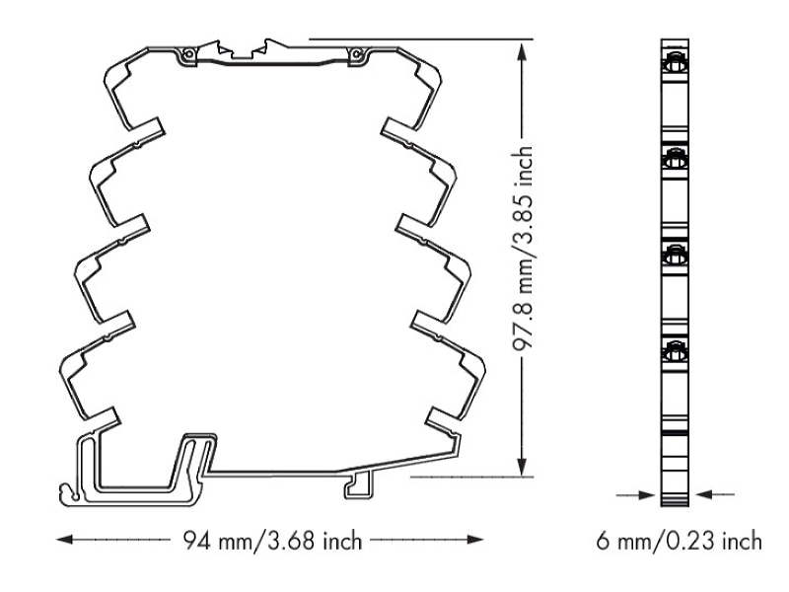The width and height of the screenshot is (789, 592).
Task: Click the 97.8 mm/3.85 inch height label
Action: pos(523,249)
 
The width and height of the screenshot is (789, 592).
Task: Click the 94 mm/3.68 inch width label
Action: pos(272,541)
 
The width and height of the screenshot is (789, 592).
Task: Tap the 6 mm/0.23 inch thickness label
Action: pos(679,541)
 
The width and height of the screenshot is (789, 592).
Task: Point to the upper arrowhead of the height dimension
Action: pos(523,51)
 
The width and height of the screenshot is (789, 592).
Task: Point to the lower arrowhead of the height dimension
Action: pos(523,466)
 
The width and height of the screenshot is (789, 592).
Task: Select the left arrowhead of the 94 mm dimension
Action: pos(64,540)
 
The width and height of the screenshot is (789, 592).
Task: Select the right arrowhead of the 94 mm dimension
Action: pos(475,540)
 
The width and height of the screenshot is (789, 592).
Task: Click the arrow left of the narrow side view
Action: pos(636,495)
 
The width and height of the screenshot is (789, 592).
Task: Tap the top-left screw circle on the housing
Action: pos(187,54)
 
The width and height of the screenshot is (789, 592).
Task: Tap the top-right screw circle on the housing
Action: pos(356,54)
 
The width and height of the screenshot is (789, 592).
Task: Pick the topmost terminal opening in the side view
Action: pos(675,65)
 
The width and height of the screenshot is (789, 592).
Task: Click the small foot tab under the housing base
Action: pos(359,485)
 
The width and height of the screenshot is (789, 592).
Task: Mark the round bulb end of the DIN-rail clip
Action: pos(66,490)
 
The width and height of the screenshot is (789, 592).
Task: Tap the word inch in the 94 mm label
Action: pos(342,541)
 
